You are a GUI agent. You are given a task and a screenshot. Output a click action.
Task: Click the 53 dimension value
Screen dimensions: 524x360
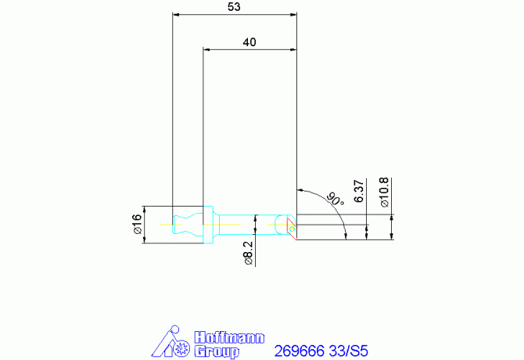pyautogui.click(x=234, y=7)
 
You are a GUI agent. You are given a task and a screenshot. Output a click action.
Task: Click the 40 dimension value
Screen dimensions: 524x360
pyautogui.click(x=249, y=42)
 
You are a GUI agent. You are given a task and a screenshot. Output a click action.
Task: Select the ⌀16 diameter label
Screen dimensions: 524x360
pyautogui.click(x=138, y=224)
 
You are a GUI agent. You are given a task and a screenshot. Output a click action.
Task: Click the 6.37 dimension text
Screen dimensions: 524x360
pyautogui.click(x=358, y=191)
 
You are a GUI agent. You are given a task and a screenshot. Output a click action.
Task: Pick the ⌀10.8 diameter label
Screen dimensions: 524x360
pyautogui.click(x=384, y=193)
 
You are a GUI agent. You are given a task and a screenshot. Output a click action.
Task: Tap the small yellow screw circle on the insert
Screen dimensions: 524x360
pyautogui.click(x=292, y=229)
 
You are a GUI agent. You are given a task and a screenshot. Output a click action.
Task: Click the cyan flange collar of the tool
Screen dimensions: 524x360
pyautogui.click(x=208, y=225)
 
